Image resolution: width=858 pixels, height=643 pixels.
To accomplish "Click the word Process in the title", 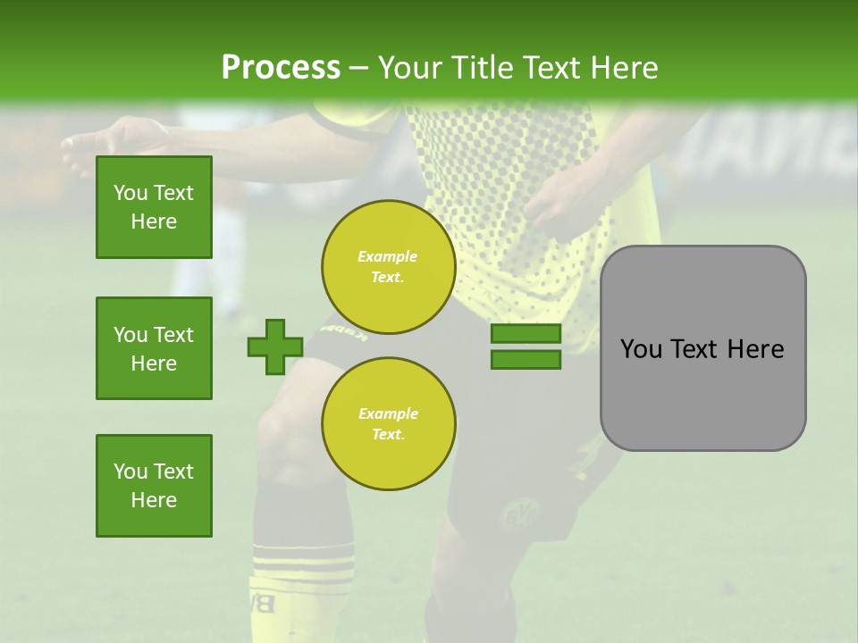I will pos(281,68).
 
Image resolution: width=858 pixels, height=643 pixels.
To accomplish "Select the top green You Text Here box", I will pos(154,207).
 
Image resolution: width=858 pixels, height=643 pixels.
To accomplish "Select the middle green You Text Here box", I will pos(154,348).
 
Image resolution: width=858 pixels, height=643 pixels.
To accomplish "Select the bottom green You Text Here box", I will pos(154,486).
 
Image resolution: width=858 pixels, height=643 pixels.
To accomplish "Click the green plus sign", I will pos(275,347).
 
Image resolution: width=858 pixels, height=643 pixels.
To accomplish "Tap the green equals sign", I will pos(526,347).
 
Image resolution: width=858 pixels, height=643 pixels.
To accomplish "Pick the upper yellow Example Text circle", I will pos(388,267).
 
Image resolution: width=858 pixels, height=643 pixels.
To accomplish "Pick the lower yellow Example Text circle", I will pos(388,423).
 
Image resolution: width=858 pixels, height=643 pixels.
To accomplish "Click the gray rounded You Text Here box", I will pos(702,348).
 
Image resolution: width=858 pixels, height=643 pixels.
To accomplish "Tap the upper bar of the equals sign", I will pos(526,333).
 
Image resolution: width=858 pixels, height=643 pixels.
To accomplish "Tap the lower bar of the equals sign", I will pos(526,360).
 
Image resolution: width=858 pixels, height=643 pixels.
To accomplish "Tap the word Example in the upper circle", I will pos(387,256).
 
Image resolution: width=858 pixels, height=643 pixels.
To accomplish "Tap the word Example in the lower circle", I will pos(388,413).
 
